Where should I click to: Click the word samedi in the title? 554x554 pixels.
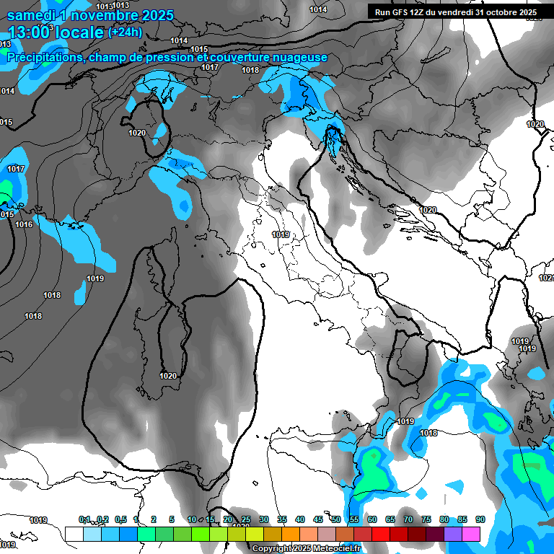[x=32, y=14]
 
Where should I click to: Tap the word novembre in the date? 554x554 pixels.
[x=105, y=14]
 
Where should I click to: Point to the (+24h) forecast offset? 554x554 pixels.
[x=125, y=32]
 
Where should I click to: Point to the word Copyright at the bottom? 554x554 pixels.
[x=271, y=549]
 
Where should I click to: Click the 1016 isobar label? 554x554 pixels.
[x=24, y=224]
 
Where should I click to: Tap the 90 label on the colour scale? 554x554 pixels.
[x=480, y=519]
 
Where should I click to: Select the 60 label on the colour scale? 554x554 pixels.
[x=371, y=519]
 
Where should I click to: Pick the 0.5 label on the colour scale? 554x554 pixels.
[x=120, y=519]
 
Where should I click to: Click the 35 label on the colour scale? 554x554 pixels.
[x=282, y=519]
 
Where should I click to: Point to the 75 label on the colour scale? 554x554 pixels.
[x=426, y=519]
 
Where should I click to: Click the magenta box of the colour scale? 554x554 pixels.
[x=470, y=534]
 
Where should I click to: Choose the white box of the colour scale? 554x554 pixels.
[x=74, y=534]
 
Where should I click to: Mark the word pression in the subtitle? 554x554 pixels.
[x=170, y=58]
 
